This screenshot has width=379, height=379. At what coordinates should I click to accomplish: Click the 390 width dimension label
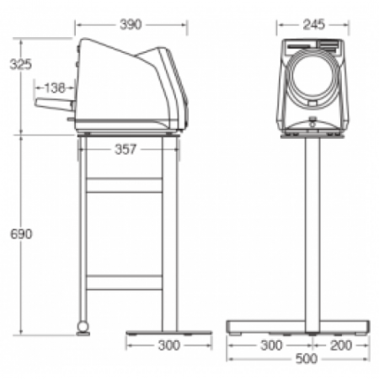(131, 24)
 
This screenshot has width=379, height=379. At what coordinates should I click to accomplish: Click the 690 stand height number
(21, 233)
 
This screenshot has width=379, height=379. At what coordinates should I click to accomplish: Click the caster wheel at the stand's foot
(83, 325)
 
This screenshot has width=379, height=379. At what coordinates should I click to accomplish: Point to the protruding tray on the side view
(54, 104)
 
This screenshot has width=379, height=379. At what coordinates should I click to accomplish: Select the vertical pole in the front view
(312, 227)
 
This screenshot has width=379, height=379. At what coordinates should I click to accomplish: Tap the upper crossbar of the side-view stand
(125, 185)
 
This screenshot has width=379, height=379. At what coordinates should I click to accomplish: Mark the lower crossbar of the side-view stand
(125, 282)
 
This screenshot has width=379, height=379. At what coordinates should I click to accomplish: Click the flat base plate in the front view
(298, 327)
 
